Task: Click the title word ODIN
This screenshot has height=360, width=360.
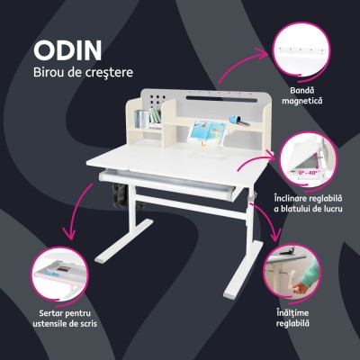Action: pos(67,49)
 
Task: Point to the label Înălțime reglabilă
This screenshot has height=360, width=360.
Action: pos(292,316)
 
